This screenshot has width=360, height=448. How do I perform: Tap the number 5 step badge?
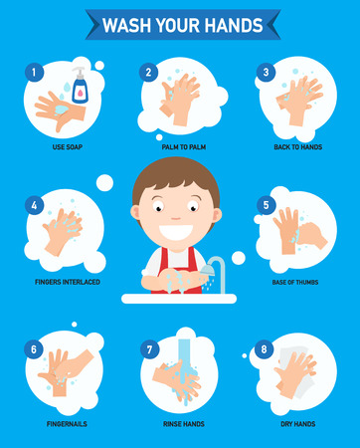click(266, 205)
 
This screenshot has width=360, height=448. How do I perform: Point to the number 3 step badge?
click(266, 71)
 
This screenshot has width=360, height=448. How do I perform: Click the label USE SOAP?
click(62, 146)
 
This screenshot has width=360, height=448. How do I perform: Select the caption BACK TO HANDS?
click(298, 146)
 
